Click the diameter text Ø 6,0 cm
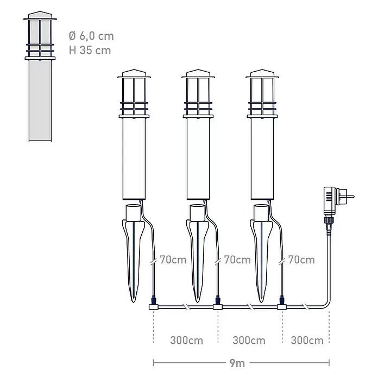(x=91, y=36)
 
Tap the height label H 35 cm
(x=90, y=51)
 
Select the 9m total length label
(x=237, y=363)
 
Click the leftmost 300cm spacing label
(x=186, y=341)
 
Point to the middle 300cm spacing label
(x=249, y=341)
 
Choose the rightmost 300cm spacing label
(x=307, y=341)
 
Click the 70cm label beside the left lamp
(x=173, y=260)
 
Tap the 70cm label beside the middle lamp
(x=237, y=260)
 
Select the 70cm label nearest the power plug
(x=301, y=260)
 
